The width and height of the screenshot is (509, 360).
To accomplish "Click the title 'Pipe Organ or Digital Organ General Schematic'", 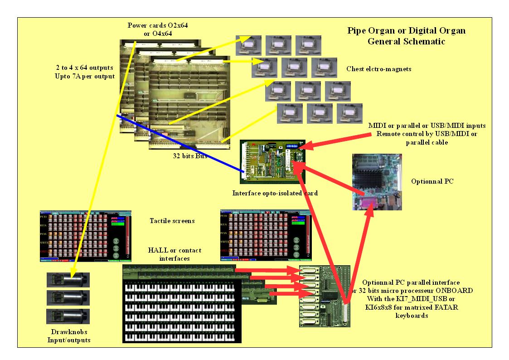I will (399, 36).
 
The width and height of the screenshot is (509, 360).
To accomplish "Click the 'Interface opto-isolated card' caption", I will (275, 193).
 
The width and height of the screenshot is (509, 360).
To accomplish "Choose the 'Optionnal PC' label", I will (432, 181).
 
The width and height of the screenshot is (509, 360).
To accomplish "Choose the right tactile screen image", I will (266, 235).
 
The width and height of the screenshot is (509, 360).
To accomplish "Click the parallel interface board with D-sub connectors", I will (325, 296).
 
